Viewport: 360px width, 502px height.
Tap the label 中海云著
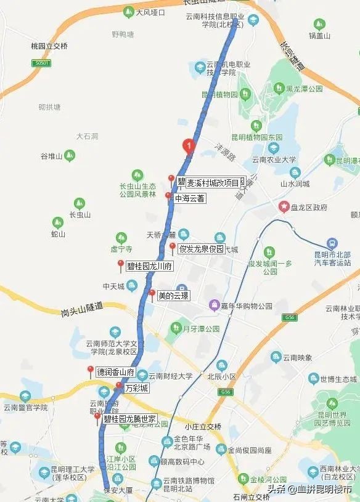[x=189, y=199]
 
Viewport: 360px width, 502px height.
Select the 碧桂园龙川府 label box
[x=149, y=267]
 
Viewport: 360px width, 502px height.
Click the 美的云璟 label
[x=173, y=296]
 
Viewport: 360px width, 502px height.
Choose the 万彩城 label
[x=136, y=389]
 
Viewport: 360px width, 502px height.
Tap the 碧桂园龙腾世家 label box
[x=129, y=419]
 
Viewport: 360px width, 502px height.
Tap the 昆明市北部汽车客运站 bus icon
[x=333, y=244]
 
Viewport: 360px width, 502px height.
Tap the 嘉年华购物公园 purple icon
[x=214, y=304]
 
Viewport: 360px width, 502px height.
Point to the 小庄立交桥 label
[x=203, y=426]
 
